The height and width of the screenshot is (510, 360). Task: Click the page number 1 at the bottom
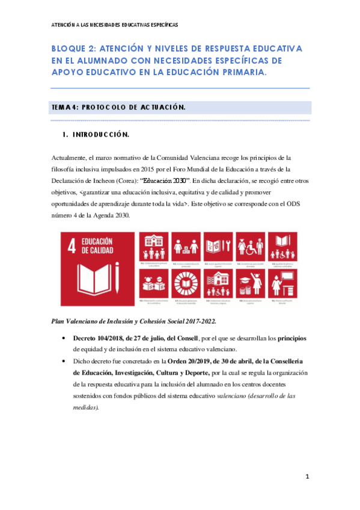click(307, 477)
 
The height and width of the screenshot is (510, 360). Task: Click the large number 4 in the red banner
click(74, 248)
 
